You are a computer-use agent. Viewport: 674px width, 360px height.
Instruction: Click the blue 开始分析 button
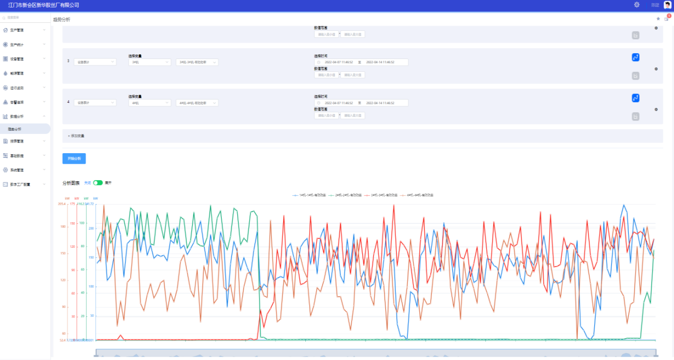74,158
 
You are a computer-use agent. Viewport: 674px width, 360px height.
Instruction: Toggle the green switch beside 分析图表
98,183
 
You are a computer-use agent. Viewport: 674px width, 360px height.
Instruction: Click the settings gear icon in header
637,5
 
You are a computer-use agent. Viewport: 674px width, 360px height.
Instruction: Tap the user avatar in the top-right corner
668,5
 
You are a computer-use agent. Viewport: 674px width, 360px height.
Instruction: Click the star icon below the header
658,19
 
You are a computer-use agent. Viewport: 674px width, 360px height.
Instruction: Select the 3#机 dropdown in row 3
149,62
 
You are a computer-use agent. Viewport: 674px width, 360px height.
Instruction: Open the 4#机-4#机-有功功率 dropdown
197,103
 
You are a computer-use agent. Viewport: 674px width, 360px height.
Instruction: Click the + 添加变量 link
76,136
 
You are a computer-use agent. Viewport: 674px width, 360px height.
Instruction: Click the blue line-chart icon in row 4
635,98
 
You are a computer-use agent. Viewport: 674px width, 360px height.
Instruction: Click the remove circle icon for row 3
656,69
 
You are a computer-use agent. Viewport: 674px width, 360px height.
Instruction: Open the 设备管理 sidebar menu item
17,59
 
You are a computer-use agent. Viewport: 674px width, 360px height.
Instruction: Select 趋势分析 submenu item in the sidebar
15,129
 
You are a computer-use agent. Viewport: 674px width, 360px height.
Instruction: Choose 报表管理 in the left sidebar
17,141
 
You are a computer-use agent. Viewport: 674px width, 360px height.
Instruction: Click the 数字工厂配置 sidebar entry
20,185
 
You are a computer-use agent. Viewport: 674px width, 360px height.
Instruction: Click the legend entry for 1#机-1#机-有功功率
309,196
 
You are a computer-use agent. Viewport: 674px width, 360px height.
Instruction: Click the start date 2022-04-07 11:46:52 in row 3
339,62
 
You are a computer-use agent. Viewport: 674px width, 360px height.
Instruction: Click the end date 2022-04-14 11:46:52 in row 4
380,103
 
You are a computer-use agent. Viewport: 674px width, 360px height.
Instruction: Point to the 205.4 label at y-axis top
62,204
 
